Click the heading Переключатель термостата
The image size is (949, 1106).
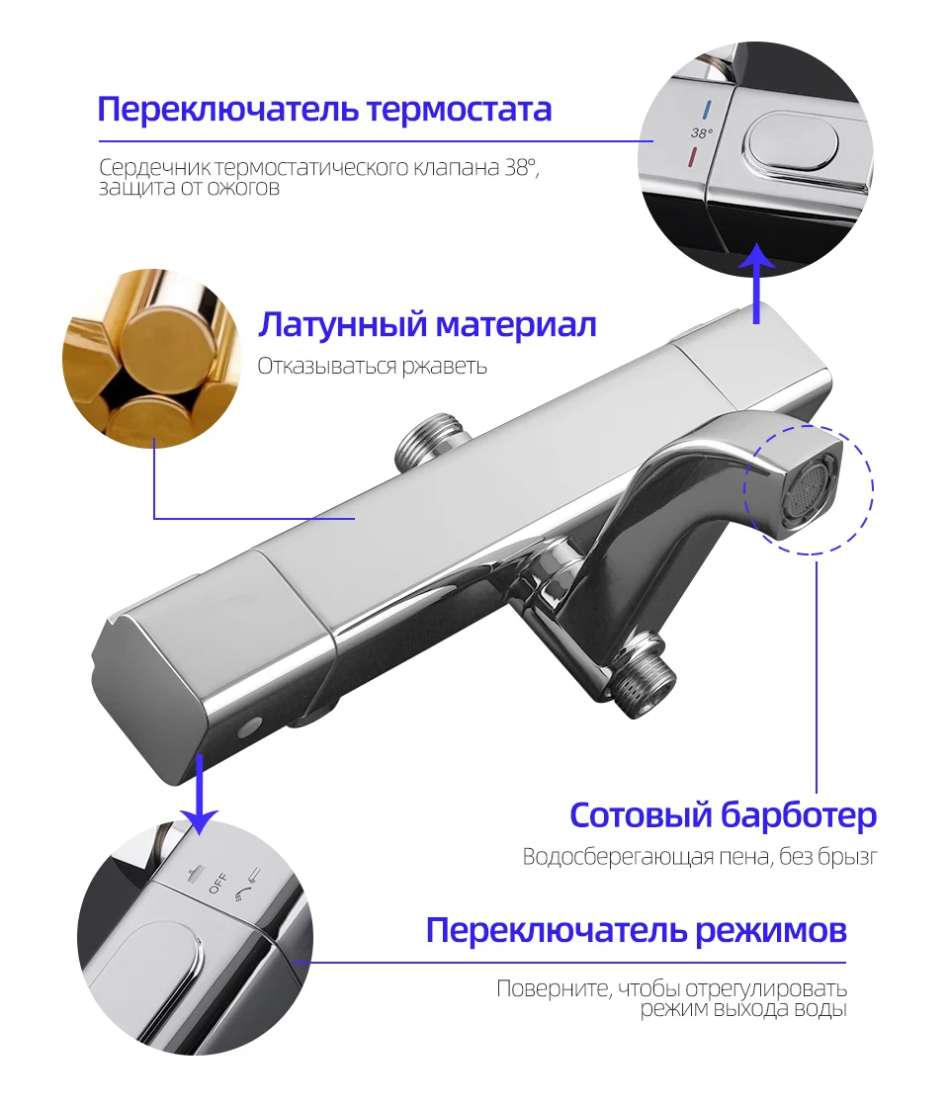coord(324,109)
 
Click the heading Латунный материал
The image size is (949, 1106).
coord(427,324)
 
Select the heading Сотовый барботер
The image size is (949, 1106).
coord(723,815)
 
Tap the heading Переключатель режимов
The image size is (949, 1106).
coord(636,930)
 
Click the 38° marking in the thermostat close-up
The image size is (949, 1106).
coord(701,131)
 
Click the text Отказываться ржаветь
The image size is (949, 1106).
coord(373,367)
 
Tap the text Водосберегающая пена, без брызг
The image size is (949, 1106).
coord(700,857)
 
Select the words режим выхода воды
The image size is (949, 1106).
coord(742,1009)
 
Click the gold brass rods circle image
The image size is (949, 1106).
coord(151,360)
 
